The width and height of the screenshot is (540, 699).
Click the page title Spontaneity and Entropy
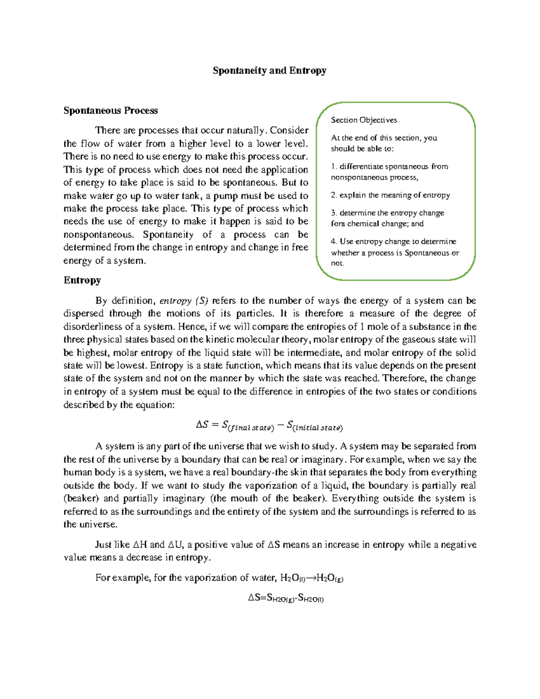click(269, 71)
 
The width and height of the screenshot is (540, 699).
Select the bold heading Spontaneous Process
click(110, 111)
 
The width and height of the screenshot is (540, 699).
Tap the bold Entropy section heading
click(82, 280)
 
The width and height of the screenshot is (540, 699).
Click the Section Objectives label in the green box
click(364, 120)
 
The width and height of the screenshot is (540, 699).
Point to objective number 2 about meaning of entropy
click(390, 195)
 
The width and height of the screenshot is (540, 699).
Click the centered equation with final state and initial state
click(269, 425)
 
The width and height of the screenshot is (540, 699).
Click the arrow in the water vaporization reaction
click(311, 578)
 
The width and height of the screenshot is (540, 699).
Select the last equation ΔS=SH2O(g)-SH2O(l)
click(286, 598)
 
